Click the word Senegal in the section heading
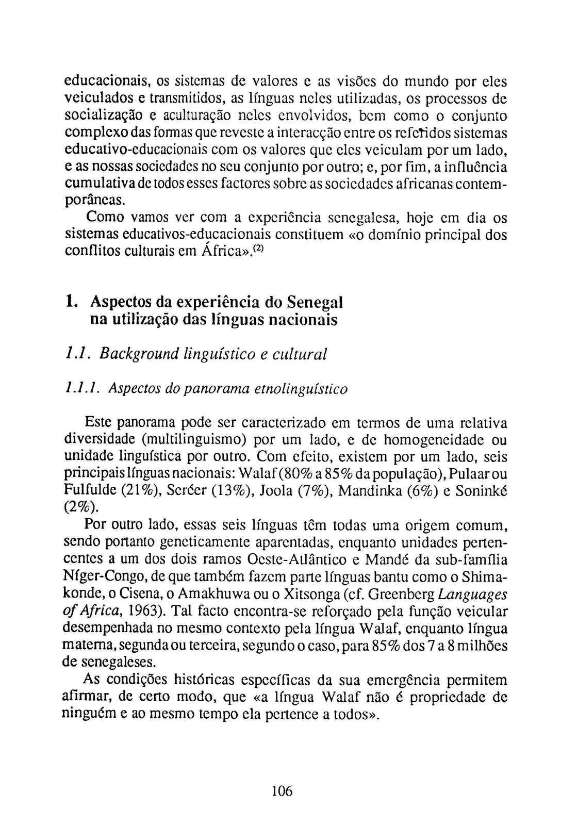click(315, 301)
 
